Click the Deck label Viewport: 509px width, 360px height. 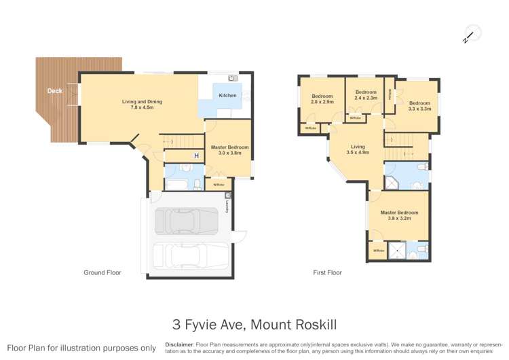55,90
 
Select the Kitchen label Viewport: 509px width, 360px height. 227,96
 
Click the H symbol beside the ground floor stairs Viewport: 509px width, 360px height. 197,156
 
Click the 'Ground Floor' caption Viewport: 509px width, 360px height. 102,272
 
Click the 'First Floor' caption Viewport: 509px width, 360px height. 327,272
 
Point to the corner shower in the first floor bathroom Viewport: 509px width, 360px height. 394,182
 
